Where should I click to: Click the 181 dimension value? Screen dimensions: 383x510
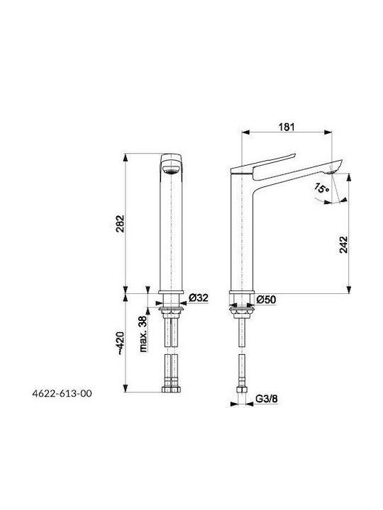(x=287, y=127)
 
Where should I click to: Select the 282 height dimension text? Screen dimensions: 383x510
(x=120, y=223)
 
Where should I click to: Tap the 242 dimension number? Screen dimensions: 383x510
(x=343, y=244)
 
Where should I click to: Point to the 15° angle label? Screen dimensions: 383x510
(x=322, y=188)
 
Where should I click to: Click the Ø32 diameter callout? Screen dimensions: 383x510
(x=199, y=297)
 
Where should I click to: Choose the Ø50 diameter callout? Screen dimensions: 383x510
(x=266, y=299)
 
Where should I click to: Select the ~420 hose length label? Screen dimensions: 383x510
(x=120, y=343)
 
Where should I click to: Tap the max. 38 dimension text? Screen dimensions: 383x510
(x=143, y=334)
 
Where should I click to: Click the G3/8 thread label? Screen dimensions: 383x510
(x=267, y=399)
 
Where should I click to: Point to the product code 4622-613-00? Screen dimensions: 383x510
(x=62, y=394)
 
